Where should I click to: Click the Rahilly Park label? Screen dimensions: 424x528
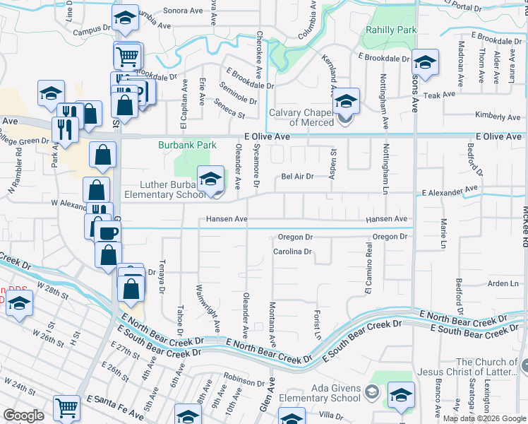pos(390,30)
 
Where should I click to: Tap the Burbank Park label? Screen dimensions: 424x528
pos(186,145)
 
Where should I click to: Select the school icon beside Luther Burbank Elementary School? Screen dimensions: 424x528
pos(210,179)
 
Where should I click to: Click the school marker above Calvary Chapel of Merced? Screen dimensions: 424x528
pos(346,101)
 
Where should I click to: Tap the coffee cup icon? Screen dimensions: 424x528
pos(108,232)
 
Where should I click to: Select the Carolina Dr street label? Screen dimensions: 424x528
pos(293,251)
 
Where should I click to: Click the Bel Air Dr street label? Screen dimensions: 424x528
pos(297,177)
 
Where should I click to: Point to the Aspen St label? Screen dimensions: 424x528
pos(332,163)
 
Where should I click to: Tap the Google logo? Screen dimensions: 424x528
pos(23,416)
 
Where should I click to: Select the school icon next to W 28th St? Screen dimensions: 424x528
pos(20,305)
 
